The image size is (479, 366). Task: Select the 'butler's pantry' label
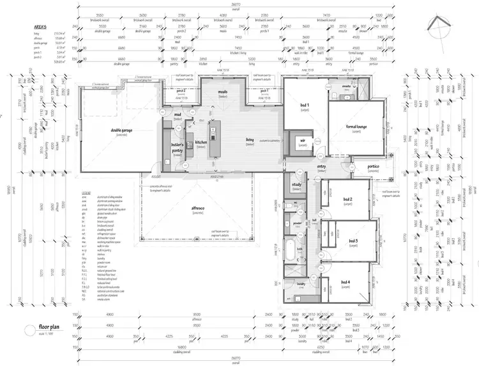coord(178,148)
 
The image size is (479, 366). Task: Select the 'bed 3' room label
coord(353,241)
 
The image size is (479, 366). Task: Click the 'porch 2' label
coord(181,91)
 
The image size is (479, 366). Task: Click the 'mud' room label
coord(178,115)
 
